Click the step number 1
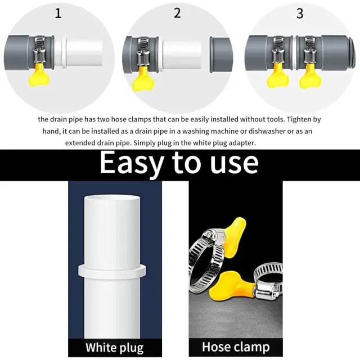58,13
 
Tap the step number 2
177,13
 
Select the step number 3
300,13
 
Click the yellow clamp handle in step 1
39,75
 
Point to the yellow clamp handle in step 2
142,79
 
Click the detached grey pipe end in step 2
221,55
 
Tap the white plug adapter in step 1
78,52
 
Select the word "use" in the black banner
234,163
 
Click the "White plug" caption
115,348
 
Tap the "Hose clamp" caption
236,347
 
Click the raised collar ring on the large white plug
112,271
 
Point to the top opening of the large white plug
112,197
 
